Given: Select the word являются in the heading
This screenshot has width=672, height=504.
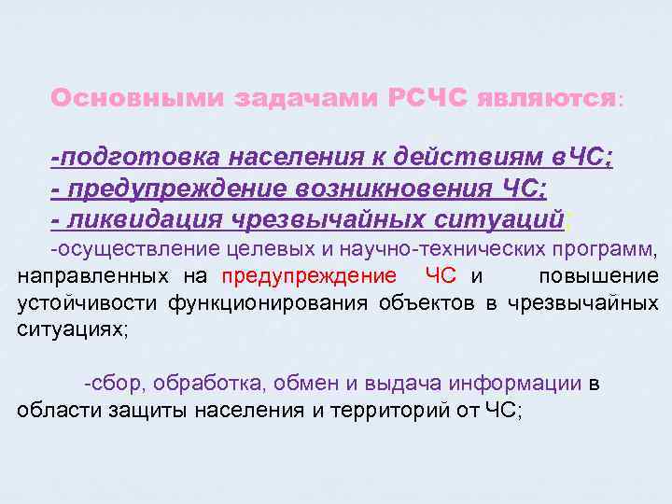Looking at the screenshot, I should click(x=546, y=98).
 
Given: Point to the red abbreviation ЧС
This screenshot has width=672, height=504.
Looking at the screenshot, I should click(x=441, y=276).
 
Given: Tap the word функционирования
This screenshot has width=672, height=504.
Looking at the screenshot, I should click(x=271, y=303).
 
